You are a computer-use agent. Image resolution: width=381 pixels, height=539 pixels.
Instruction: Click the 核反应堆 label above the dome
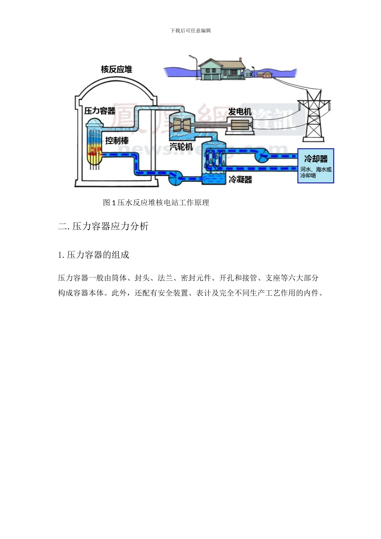(116, 69)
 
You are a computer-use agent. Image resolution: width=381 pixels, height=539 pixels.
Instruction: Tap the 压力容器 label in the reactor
(100, 111)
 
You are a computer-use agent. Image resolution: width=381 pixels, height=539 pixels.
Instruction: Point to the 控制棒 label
(117, 140)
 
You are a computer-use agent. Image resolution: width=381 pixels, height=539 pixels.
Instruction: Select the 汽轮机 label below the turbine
(181, 147)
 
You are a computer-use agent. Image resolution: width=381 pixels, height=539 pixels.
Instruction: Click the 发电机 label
(240, 111)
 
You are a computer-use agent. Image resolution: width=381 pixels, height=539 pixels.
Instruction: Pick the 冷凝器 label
(240, 179)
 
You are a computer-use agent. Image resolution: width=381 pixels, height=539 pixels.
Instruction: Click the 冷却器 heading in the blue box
(316, 159)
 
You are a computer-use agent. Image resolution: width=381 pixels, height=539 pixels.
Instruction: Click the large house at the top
(221, 69)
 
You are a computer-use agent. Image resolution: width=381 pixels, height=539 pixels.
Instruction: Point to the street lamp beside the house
(195, 66)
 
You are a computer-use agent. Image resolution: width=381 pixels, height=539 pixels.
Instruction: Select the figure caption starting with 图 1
(156, 203)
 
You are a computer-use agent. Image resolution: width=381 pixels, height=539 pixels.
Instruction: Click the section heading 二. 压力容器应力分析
(103, 226)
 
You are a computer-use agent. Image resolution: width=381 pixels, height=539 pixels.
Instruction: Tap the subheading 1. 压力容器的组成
(93, 255)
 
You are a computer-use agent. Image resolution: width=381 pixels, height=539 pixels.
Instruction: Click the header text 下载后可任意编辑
(190, 30)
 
